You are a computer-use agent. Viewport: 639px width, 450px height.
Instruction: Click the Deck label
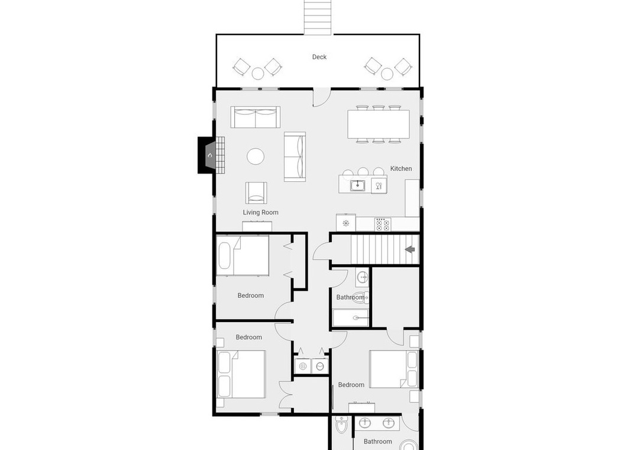pyautogui.click(x=319, y=57)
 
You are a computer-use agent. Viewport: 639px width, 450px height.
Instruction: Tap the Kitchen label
pyautogui.click(x=401, y=169)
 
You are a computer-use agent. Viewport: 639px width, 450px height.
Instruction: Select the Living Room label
pyautogui.click(x=261, y=212)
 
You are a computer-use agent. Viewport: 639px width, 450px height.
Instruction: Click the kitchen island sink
pyautogui.click(x=358, y=186)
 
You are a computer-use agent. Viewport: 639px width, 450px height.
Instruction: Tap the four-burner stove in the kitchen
pyautogui.click(x=382, y=224)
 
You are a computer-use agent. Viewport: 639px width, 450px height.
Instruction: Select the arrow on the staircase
pyautogui.click(x=409, y=249)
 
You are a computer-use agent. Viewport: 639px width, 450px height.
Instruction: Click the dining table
pyautogui.click(x=379, y=124)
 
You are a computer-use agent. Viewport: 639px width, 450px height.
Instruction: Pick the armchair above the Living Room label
pyautogui.click(x=256, y=192)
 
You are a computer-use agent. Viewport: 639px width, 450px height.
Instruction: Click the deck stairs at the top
pyautogui.click(x=318, y=17)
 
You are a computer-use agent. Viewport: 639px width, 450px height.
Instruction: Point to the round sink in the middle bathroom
pyautogui.click(x=362, y=278)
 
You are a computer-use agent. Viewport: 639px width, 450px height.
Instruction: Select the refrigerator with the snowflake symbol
pyautogui.click(x=346, y=223)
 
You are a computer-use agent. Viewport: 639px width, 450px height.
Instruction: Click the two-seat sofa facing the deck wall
pyautogui.click(x=256, y=117)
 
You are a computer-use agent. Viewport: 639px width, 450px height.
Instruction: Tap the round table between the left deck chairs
pyautogui.click(x=258, y=73)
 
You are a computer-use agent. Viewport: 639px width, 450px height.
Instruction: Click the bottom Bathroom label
pyautogui.click(x=377, y=442)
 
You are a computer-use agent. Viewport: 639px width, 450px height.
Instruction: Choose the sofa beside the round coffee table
pyautogui.click(x=295, y=157)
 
